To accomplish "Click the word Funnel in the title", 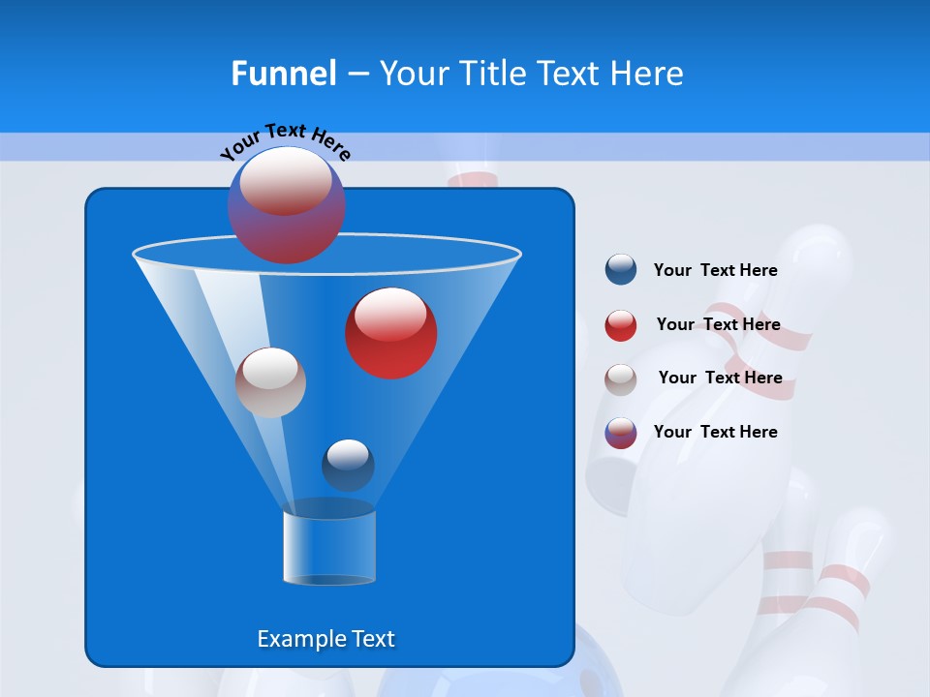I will pyautogui.click(x=283, y=74).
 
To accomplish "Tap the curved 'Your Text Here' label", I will pyautogui.click(x=286, y=141).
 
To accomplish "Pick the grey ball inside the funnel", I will pyautogui.click(x=270, y=382).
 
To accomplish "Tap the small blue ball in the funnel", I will pyautogui.click(x=348, y=466).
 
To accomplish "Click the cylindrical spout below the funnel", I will pyautogui.click(x=328, y=547).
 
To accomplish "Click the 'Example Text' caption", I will pyautogui.click(x=325, y=639).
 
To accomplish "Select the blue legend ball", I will pyautogui.click(x=621, y=270).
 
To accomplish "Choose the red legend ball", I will pyautogui.click(x=621, y=325).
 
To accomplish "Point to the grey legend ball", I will pyautogui.click(x=621, y=379).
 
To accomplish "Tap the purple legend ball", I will pyautogui.click(x=621, y=433).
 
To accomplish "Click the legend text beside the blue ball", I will pyautogui.click(x=715, y=270).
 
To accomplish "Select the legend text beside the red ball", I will pyautogui.click(x=718, y=324).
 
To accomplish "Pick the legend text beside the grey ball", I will pyautogui.click(x=720, y=378).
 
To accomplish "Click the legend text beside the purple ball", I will pyautogui.click(x=715, y=432).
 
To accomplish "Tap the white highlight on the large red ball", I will pyautogui.click(x=391, y=315).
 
